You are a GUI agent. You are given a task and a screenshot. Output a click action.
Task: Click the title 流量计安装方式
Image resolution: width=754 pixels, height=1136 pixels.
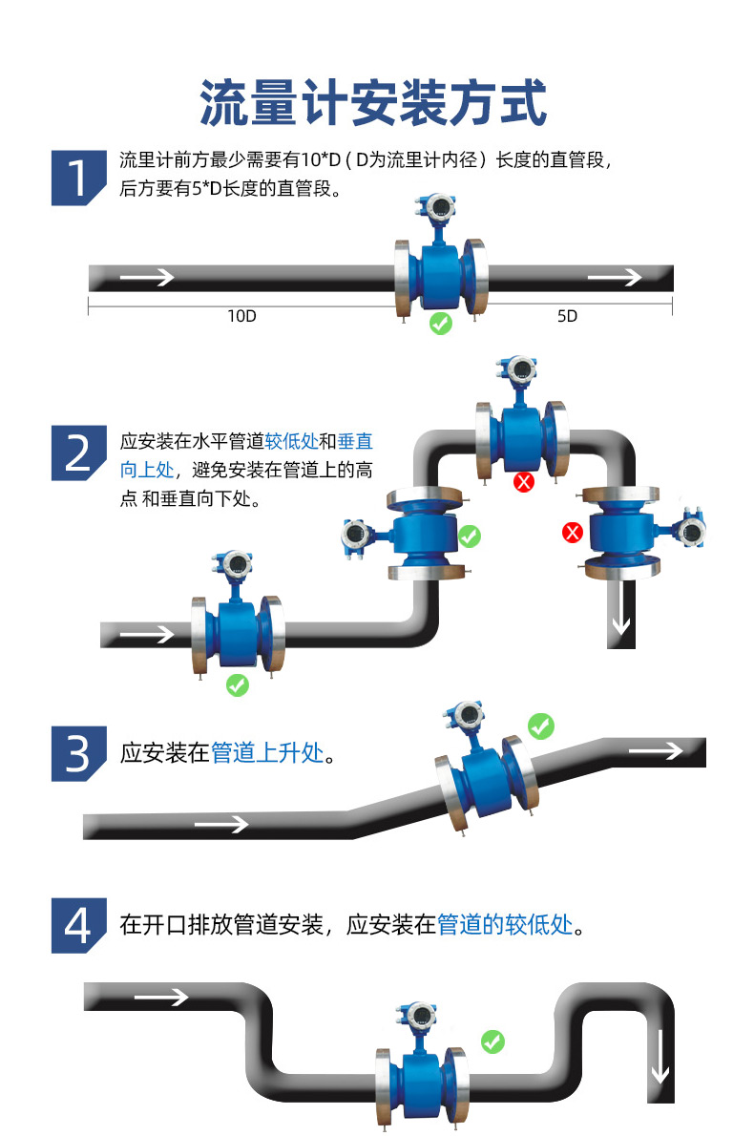pyautogui.click(x=374, y=103)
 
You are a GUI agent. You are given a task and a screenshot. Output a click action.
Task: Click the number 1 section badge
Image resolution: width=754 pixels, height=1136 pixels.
pyautogui.click(x=77, y=178)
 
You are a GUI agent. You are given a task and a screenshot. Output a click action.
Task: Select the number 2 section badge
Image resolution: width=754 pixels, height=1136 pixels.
pyautogui.click(x=77, y=452)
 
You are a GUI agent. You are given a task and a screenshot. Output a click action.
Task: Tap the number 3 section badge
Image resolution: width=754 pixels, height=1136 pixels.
pyautogui.click(x=77, y=753)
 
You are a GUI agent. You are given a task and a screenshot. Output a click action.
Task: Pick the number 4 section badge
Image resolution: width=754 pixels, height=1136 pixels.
pyautogui.click(x=77, y=925)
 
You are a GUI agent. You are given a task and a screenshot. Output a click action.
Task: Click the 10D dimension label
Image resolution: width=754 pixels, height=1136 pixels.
pyautogui.click(x=241, y=316)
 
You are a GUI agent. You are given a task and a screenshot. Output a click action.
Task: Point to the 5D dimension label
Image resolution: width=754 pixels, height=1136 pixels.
pyautogui.click(x=567, y=316)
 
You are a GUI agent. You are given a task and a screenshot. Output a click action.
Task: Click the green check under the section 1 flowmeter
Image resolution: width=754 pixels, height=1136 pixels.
pyautogui.click(x=440, y=324)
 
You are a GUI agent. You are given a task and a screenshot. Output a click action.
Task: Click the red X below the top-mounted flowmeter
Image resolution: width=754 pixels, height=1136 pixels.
pyautogui.click(x=523, y=482)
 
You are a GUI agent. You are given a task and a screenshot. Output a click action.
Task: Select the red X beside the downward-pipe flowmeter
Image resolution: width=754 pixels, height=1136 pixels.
pyautogui.click(x=573, y=532)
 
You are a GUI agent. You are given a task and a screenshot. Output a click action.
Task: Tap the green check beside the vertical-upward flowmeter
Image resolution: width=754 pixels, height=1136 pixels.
pyautogui.click(x=469, y=536)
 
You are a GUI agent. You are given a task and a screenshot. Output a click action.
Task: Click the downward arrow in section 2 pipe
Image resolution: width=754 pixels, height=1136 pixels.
pyautogui.click(x=621, y=620)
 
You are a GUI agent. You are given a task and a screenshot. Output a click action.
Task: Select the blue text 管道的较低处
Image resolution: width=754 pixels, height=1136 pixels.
pyautogui.click(x=504, y=925)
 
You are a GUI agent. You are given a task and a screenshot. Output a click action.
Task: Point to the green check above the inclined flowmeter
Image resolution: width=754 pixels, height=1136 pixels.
pyautogui.click(x=541, y=726)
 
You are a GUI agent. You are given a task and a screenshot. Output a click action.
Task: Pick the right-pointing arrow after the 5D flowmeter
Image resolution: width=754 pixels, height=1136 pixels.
pyautogui.click(x=615, y=278)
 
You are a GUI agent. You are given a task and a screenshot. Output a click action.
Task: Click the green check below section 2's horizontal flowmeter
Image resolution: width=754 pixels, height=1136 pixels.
pyautogui.click(x=237, y=684)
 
